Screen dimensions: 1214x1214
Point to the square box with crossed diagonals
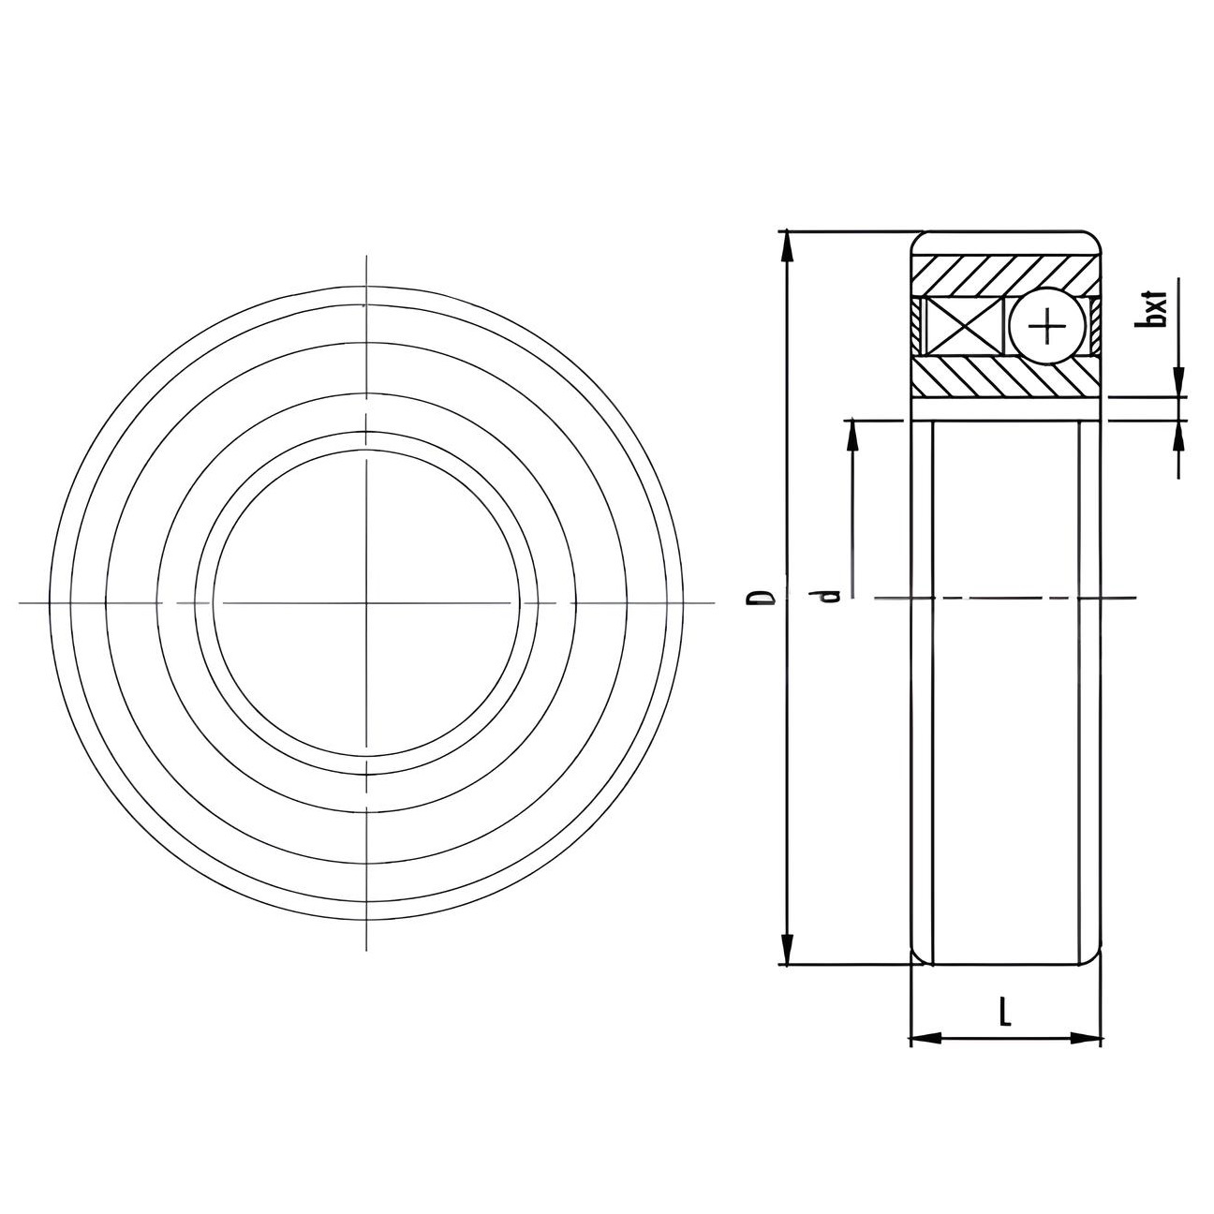[x=962, y=326]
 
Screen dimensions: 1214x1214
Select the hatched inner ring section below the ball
[x=1006, y=378]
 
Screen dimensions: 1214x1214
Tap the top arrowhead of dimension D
[x=786, y=245]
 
